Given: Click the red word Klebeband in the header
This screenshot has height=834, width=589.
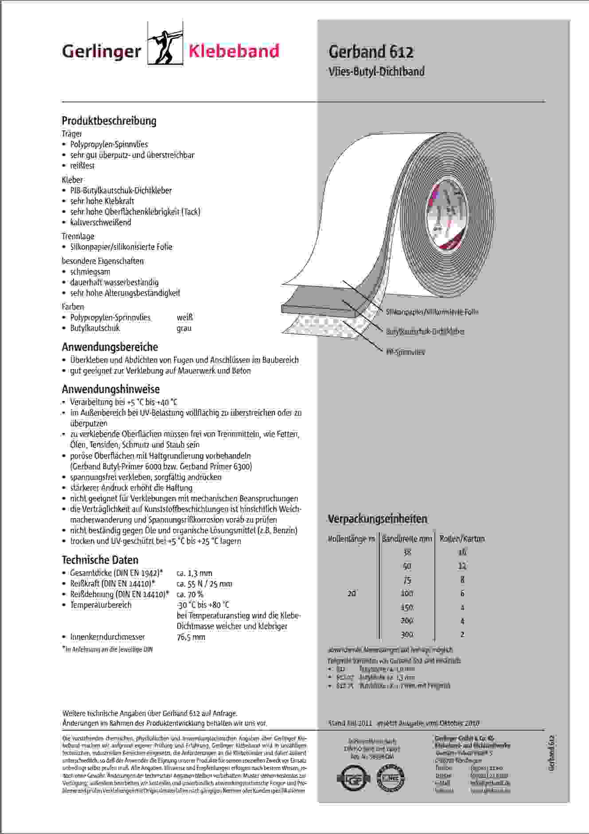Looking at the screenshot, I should tap(234, 51).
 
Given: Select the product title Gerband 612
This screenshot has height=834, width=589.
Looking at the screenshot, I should tap(371, 52).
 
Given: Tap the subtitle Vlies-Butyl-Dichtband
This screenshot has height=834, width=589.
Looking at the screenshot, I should tap(376, 71).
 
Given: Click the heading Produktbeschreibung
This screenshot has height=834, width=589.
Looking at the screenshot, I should tap(109, 121).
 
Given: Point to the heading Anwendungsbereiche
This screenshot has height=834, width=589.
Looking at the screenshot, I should tap(110, 347).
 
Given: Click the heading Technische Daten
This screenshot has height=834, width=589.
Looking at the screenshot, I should tap(100, 560).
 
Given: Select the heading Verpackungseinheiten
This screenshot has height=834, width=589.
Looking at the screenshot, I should tap(377, 519).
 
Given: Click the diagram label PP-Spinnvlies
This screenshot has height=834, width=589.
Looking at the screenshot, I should tap(405, 352).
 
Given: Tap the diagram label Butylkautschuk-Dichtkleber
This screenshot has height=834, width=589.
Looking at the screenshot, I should tap(425, 331).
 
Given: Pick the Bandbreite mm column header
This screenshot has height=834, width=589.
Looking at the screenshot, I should tap(407, 539).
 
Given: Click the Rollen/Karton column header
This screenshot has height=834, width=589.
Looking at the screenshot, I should tap(462, 539).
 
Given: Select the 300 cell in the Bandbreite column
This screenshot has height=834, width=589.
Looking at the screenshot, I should tap(407, 634).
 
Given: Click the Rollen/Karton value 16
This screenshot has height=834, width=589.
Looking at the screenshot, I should tap(462, 552).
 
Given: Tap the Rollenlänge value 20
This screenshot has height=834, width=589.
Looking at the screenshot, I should tap(351, 594).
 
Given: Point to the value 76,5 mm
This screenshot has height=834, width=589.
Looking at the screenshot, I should tap(191, 637).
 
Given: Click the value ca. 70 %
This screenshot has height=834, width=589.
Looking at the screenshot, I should tap(190, 594).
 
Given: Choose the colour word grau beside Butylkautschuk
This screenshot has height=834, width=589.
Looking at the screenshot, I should tap(184, 328).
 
